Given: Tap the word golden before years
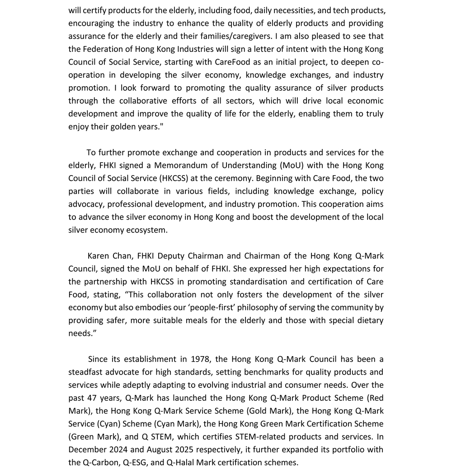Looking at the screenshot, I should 131,126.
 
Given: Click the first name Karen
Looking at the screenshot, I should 98,256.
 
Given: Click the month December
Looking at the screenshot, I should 87,450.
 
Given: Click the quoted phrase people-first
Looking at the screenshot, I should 220,308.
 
